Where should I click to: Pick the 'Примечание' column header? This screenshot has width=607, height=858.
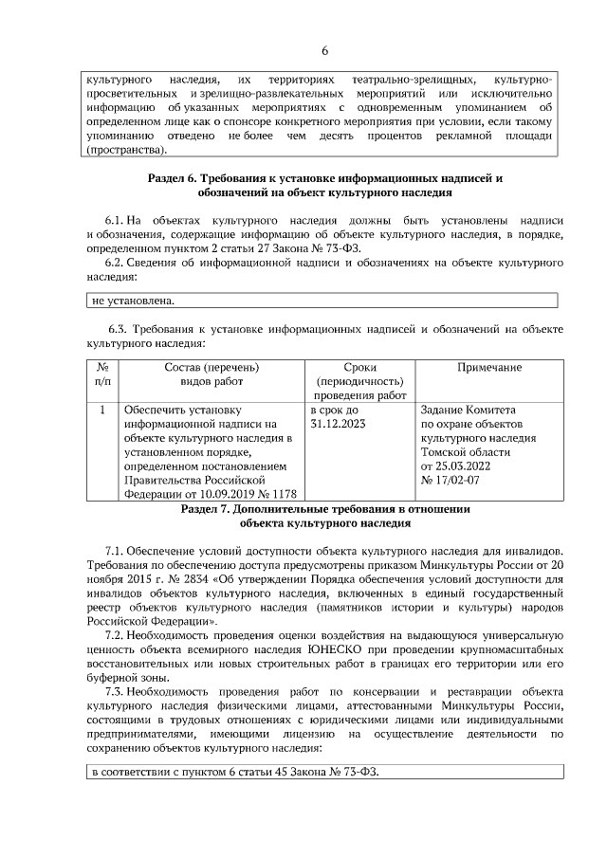489,367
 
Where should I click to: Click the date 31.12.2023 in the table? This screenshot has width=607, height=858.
338,424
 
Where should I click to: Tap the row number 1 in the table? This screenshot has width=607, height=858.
101,410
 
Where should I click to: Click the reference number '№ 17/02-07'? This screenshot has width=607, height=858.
452,481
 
